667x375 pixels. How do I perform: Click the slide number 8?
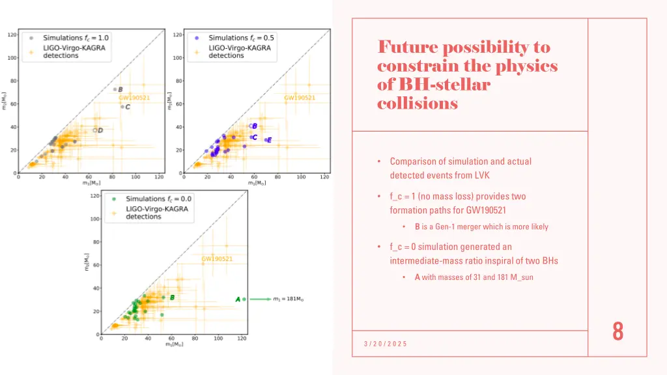(x=617, y=332)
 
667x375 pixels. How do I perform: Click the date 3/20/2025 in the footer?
(x=386, y=344)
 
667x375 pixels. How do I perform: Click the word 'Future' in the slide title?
(x=407, y=48)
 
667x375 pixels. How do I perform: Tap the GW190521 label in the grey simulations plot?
(x=134, y=98)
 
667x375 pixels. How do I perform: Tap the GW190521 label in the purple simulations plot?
(x=300, y=98)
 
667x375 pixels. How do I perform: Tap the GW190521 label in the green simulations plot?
(x=217, y=258)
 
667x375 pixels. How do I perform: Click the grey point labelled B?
(x=115, y=89)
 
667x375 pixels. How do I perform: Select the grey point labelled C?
(x=122, y=107)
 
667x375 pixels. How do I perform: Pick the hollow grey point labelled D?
(x=94, y=130)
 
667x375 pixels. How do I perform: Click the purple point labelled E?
(x=266, y=140)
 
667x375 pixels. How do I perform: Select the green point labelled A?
(x=244, y=299)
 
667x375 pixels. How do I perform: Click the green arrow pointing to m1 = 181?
(x=260, y=299)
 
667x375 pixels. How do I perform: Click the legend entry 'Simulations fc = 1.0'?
(x=76, y=38)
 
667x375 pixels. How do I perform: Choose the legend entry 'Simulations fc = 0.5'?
(x=241, y=38)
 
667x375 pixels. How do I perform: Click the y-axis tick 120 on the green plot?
(x=94, y=196)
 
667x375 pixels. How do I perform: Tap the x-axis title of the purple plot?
(x=256, y=183)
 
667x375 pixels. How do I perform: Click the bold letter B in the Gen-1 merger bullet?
(x=417, y=227)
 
